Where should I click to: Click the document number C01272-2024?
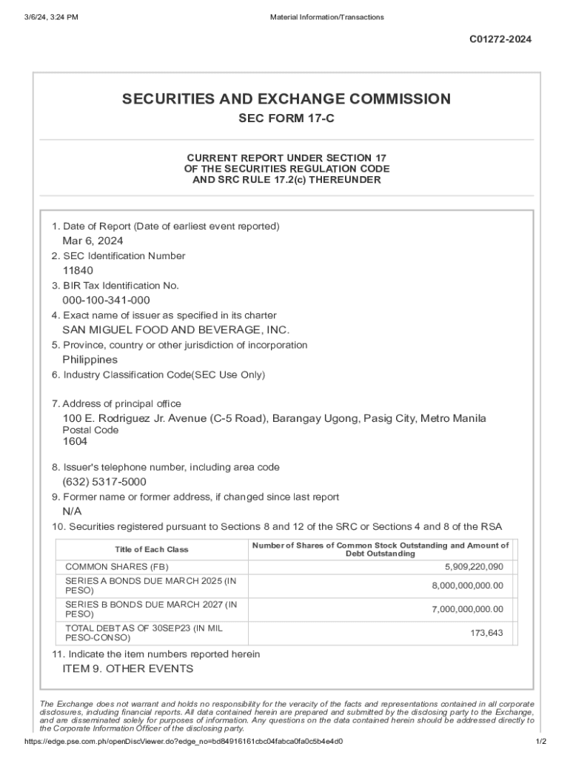click(500, 39)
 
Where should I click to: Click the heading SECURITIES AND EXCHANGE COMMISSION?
click(286, 99)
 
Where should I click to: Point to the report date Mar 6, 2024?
click(93, 241)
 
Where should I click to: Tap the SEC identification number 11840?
click(78, 271)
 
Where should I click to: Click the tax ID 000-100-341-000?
click(106, 301)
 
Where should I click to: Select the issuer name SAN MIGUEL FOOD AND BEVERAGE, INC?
click(175, 330)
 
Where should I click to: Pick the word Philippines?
click(90, 360)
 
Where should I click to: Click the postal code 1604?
click(75, 442)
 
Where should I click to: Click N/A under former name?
click(72, 512)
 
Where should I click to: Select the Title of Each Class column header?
click(151, 550)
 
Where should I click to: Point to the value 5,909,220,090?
click(474, 567)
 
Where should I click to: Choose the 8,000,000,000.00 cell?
click(468, 586)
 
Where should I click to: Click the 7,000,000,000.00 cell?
click(468, 609)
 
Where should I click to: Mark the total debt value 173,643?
click(486, 633)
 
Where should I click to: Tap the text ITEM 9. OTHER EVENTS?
click(127, 669)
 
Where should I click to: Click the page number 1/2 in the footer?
click(541, 742)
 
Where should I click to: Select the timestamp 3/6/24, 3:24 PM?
click(50, 17)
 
